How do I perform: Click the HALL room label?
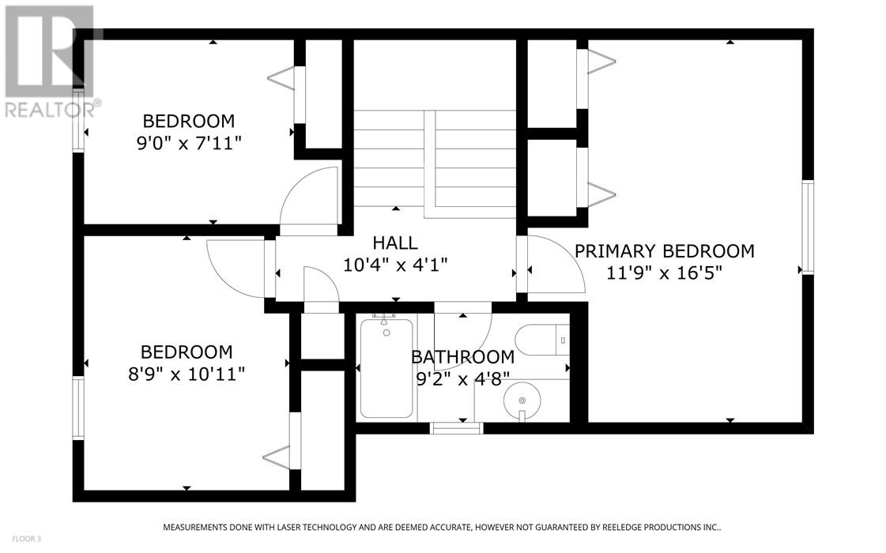click(x=395, y=243)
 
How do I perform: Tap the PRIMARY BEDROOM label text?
click(x=665, y=250)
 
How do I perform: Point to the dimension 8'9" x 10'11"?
click(x=187, y=374)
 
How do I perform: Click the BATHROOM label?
click(x=463, y=357)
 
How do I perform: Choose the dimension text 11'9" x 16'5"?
click(x=665, y=273)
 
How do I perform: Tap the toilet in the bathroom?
click(x=542, y=340)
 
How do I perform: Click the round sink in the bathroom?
click(x=522, y=401)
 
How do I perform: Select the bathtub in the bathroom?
click(x=386, y=368)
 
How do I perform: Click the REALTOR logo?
click(x=50, y=62)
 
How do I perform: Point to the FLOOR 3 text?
click(x=27, y=539)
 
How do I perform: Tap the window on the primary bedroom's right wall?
click(x=808, y=227)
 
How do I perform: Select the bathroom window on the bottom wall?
click(x=457, y=428)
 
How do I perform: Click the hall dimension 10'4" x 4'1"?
click(x=395, y=265)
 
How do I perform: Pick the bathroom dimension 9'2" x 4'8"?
click(x=463, y=378)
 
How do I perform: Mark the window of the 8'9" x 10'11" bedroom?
click(x=78, y=408)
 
